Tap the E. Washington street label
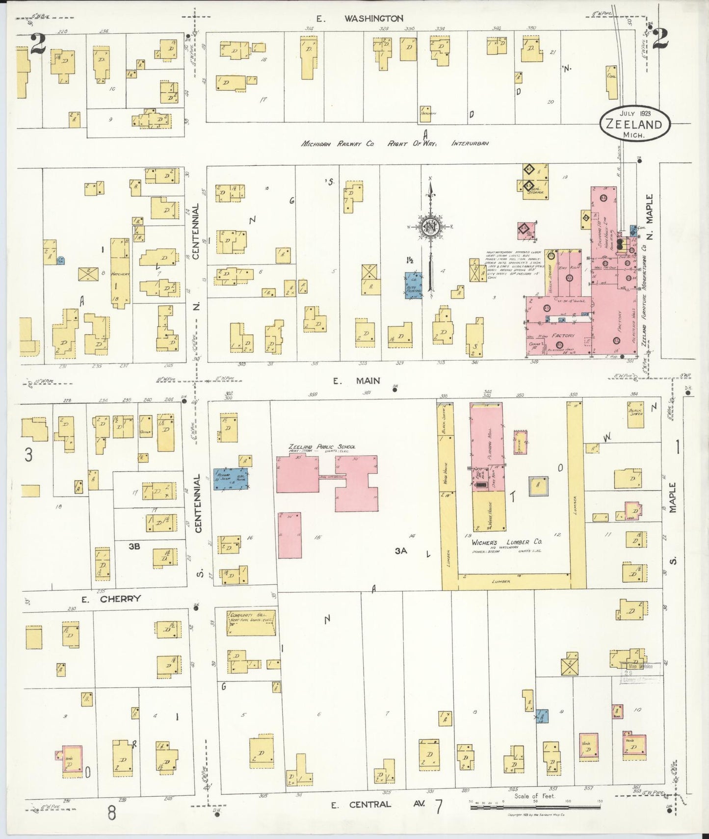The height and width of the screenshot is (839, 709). coord(360,19)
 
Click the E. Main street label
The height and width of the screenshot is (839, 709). coord(356,380)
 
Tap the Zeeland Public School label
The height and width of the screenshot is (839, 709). coord(322,447)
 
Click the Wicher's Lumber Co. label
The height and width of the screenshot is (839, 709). coord(507,542)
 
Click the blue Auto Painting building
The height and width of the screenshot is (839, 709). coord(413,286)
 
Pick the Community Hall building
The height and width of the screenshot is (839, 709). coord(251,623)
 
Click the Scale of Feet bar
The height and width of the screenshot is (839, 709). coord(535,806)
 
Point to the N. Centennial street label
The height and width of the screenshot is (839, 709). coord(196,255)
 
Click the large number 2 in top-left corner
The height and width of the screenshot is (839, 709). coord(37,44)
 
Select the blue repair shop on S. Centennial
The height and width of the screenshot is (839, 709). coord(231,479)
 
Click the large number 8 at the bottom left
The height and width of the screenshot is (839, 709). coord(112,813)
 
